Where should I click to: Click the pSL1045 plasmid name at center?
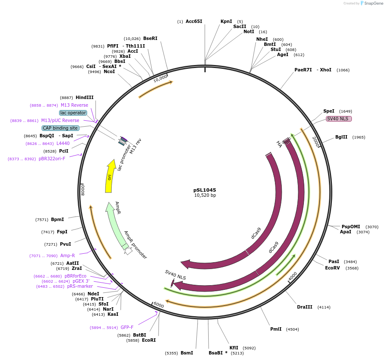[x=204, y=190]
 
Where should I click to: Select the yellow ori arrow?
[x=110, y=176]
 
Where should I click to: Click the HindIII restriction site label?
[x=85, y=97]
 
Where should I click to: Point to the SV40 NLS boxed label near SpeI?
[x=339, y=119]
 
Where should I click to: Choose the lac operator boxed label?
[x=73, y=113]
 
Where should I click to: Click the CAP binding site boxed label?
[x=60, y=128]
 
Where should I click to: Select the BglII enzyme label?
[x=341, y=137]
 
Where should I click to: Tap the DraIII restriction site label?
[x=305, y=307]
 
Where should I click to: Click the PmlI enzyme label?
[x=276, y=329]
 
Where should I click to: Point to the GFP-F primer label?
[x=127, y=327]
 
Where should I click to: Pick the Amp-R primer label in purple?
[x=68, y=255]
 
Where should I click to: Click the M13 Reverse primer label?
[x=74, y=105]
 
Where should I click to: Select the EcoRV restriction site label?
[x=332, y=268]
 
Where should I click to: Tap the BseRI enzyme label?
[x=150, y=38]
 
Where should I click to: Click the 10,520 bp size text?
[x=205, y=196]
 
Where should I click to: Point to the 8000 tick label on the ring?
[x=83, y=190]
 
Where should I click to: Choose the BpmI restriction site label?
[x=57, y=219]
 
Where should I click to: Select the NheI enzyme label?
[x=262, y=39]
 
